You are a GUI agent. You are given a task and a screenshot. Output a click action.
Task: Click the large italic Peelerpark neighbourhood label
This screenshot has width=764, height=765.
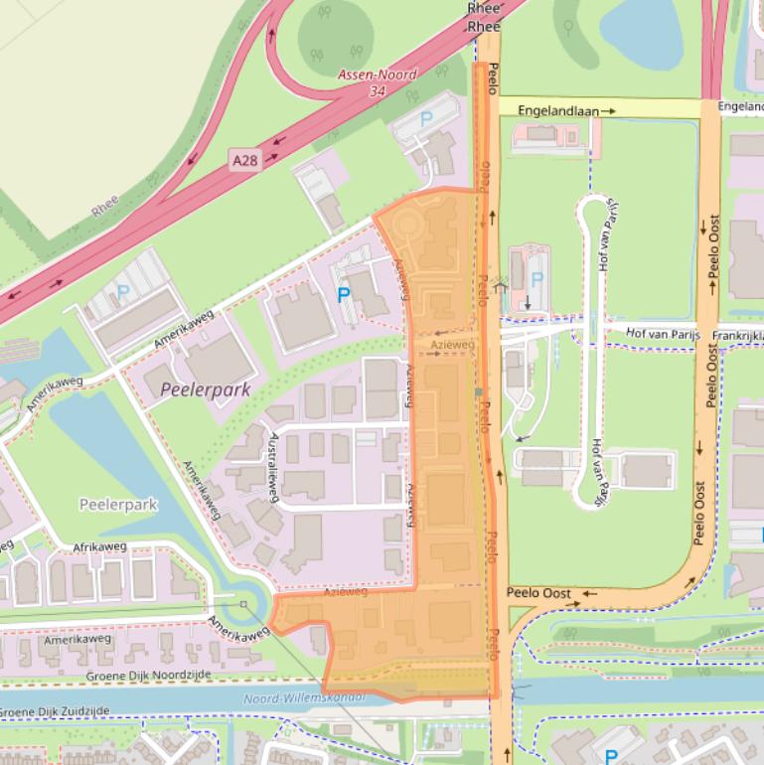(206, 389)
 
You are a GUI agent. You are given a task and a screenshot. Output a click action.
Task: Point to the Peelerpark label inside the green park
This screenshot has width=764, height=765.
(118, 505)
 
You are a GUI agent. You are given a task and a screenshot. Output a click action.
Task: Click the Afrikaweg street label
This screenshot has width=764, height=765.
(100, 547)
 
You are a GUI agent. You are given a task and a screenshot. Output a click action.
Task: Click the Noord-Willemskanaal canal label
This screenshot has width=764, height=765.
(304, 698)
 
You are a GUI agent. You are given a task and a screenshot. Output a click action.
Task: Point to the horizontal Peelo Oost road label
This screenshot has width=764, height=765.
(538, 593)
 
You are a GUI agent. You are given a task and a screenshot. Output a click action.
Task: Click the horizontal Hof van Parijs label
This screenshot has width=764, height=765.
(664, 335)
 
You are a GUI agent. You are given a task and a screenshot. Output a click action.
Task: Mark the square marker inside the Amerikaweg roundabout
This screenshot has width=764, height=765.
(243, 603)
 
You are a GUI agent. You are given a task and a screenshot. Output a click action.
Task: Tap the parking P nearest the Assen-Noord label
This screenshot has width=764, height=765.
(427, 118)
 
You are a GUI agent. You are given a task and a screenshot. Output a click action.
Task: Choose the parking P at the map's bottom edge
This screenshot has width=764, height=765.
(612, 757)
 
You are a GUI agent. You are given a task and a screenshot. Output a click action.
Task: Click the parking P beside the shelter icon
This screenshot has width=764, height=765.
(537, 280)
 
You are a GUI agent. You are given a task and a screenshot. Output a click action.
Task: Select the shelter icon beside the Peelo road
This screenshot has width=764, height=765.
(502, 282)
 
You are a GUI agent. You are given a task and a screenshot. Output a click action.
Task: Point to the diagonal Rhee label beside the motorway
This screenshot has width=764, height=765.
(103, 206)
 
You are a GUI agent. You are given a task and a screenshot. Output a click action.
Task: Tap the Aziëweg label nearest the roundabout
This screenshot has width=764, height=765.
(346, 592)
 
